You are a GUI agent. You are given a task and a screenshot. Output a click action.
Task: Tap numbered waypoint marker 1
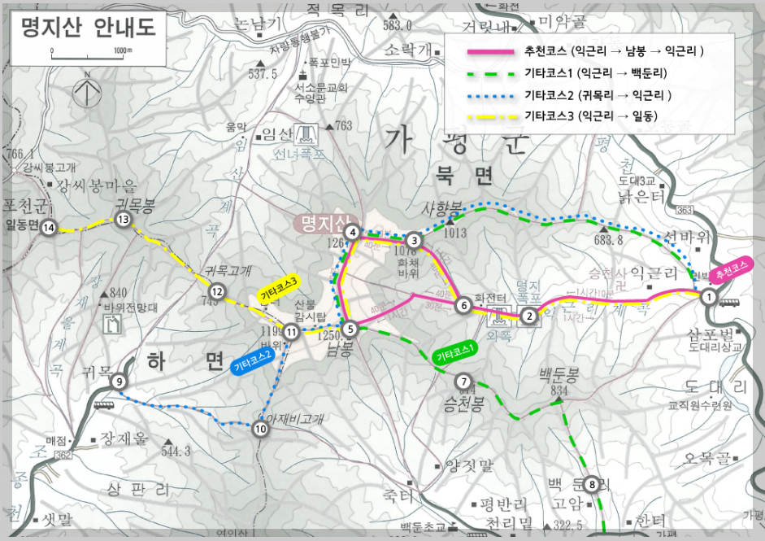point(708,298)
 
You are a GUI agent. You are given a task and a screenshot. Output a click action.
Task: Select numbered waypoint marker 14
point(50,228)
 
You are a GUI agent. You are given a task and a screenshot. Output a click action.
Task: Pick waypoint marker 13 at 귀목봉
point(124,219)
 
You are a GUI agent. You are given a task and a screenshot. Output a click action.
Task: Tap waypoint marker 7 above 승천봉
point(463,381)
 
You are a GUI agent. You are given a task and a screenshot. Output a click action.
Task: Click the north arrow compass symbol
point(85,89)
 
